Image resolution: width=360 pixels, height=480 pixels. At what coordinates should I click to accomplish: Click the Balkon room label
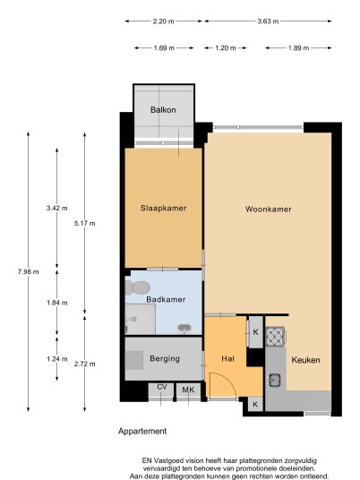click(163, 109)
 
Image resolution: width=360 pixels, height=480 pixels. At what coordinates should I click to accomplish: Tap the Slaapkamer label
click(164, 208)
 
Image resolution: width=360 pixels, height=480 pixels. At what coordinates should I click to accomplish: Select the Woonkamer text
click(268, 209)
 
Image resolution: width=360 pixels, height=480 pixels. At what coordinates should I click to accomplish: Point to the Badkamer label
click(166, 299)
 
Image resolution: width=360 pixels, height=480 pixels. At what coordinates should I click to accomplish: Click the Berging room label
click(165, 358)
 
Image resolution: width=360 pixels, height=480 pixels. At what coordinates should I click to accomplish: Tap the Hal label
click(227, 358)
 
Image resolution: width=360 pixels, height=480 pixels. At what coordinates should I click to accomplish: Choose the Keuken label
click(305, 360)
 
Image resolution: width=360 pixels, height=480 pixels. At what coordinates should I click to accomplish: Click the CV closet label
click(162, 387)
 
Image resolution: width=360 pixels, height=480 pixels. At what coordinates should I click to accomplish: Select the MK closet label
click(188, 390)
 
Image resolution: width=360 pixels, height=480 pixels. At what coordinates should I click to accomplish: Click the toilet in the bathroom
click(137, 287)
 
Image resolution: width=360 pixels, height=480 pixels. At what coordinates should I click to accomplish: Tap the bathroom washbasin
click(184, 329)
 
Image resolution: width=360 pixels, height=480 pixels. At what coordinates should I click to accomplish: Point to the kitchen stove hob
click(275, 337)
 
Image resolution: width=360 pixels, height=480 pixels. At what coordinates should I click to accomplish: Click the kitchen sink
click(275, 381)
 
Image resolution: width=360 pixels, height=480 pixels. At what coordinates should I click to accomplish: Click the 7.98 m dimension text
click(28, 271)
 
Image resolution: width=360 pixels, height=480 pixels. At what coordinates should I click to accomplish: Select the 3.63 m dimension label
click(268, 21)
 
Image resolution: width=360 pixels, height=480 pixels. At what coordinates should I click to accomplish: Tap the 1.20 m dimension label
click(226, 48)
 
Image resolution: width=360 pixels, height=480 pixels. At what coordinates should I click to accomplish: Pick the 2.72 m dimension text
click(84, 364)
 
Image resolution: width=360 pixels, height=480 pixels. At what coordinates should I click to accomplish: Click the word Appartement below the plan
click(142, 432)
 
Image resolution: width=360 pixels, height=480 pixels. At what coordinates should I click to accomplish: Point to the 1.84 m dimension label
click(57, 303)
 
